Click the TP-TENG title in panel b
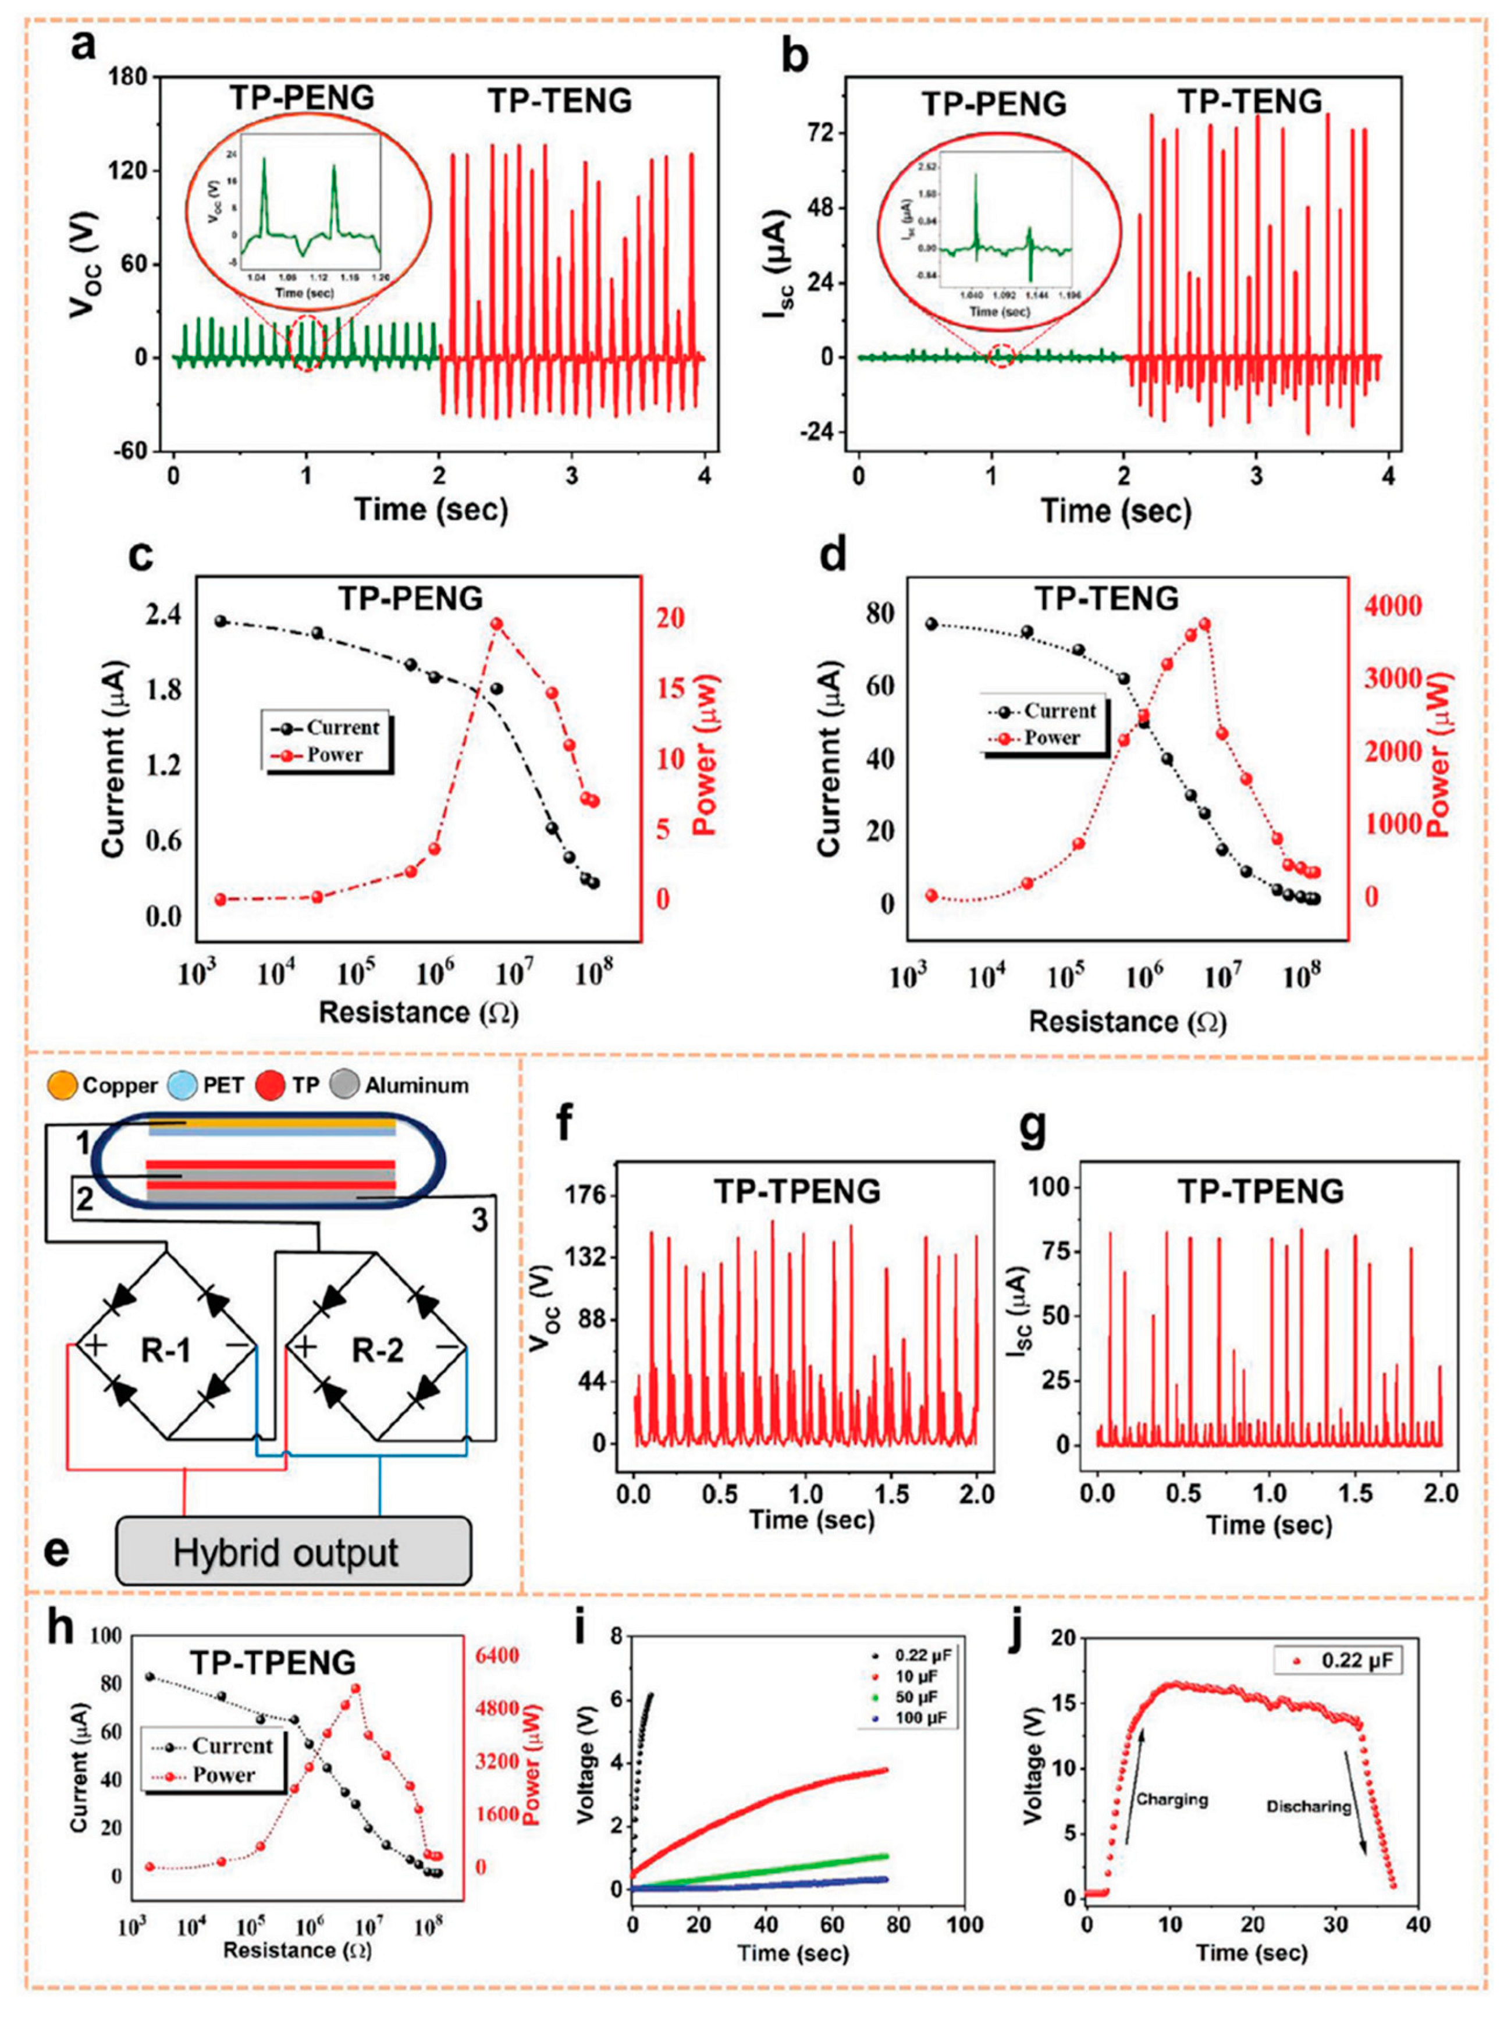click(1249, 101)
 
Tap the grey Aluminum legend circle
click(349, 1085)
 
